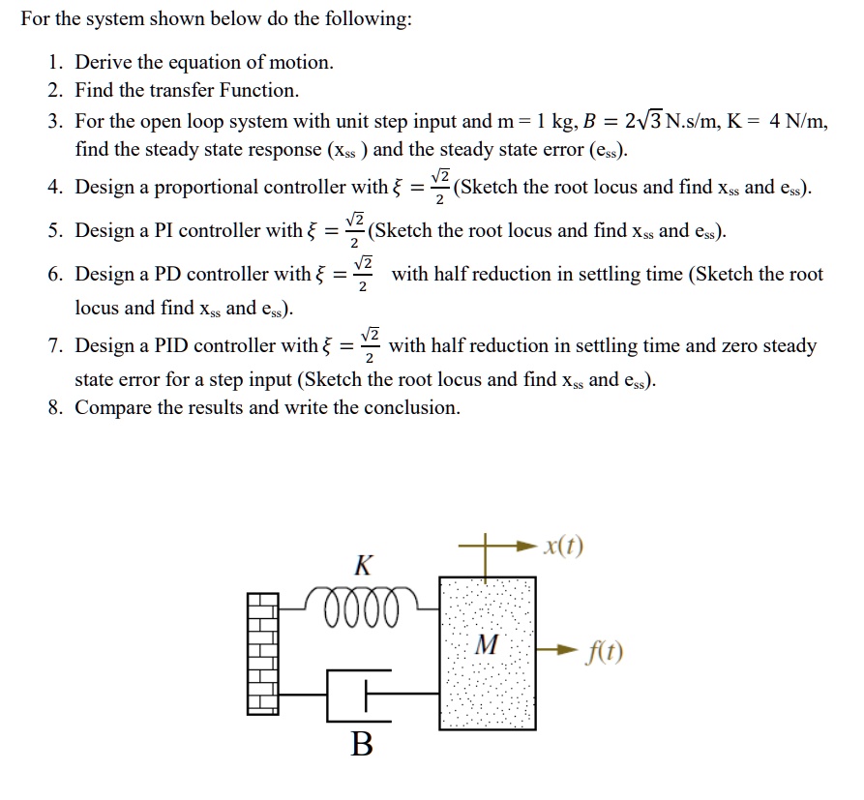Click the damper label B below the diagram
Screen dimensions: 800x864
[361, 744]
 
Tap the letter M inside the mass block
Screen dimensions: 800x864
[488, 645]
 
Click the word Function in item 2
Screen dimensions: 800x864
[258, 91]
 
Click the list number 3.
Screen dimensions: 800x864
[54, 122]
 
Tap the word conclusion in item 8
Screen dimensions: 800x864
[412, 407]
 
